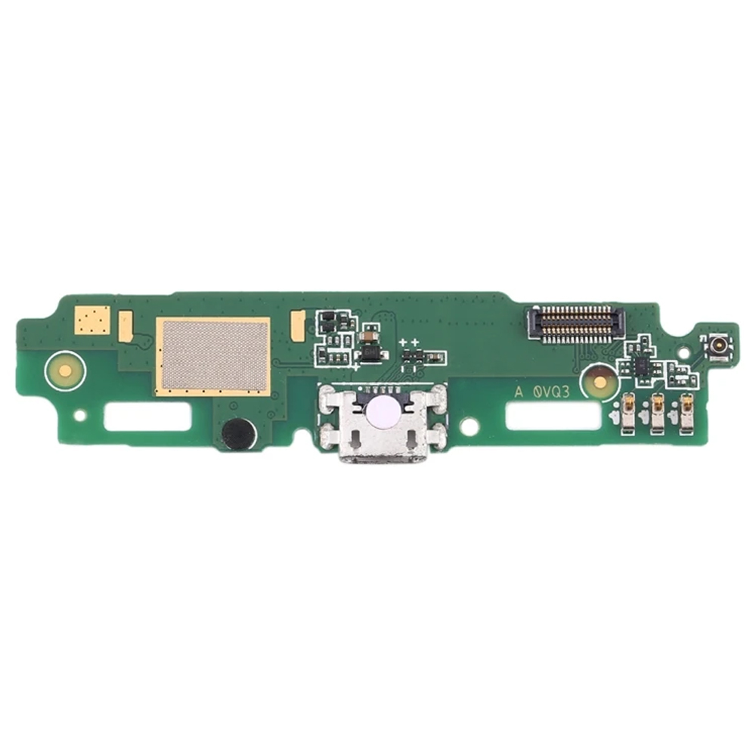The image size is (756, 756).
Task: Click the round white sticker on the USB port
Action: (x=381, y=412)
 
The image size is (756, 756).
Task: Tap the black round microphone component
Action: (x=238, y=432)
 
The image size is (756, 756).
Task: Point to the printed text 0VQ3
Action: (x=551, y=392)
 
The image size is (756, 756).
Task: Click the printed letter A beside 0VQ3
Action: (x=519, y=392)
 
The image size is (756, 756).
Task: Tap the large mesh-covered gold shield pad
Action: (x=212, y=356)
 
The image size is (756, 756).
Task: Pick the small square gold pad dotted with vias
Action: (x=92, y=320)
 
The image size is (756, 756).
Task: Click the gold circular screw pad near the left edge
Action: (x=64, y=370)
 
